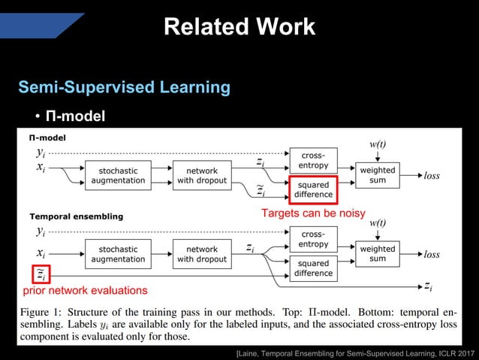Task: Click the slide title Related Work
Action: (239, 27)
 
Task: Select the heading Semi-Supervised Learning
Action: (124, 87)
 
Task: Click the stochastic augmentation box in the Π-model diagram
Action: (118, 176)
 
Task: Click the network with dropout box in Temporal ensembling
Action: (201, 254)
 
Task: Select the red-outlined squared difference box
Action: (313, 189)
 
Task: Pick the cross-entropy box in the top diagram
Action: (313, 160)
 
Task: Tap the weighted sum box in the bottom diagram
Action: (377, 253)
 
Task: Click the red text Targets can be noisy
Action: (312, 213)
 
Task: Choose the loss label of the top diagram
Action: (432, 176)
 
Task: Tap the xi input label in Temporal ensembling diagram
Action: (41, 254)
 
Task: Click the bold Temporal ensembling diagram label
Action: (76, 216)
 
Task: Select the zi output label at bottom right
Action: (427, 286)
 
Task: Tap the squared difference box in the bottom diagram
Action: (313, 268)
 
